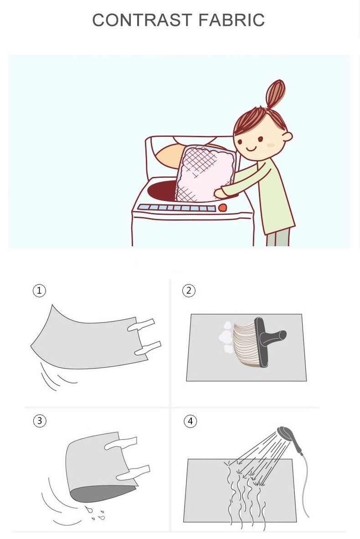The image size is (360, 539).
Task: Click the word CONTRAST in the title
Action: [142, 20]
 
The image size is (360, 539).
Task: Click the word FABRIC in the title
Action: [231, 20]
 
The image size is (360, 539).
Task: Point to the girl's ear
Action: [287, 136]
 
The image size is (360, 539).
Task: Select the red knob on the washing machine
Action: [222, 207]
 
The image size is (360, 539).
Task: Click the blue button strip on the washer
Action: [176, 207]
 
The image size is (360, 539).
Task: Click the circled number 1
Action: [39, 290]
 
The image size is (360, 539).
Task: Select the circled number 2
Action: [189, 290]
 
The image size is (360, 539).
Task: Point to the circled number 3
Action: [40, 421]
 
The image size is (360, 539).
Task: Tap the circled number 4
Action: [190, 421]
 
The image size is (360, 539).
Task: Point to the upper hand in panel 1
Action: [141, 325]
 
